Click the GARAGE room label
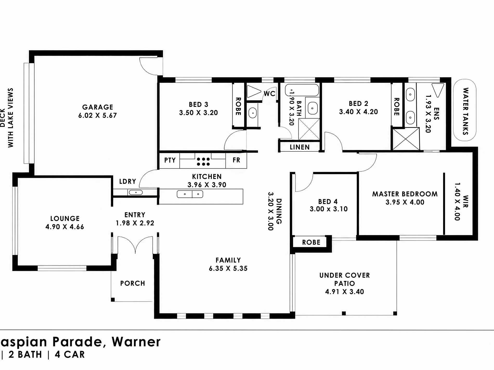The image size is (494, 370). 97,107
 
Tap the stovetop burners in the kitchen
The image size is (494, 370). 203,162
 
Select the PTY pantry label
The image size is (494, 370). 170,160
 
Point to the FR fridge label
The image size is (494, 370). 236,160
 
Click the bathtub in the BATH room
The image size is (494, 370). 302,90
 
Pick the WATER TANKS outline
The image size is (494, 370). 465,110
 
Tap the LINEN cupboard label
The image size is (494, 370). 300,147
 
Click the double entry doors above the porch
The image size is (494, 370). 135,244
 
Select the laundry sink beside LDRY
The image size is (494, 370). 135,192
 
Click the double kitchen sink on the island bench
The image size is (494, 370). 190,194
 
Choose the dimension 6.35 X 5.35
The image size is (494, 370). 228,268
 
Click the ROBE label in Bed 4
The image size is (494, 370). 311,243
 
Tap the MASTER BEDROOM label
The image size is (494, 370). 405,194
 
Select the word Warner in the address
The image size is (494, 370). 136,342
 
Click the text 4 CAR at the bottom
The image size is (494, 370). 70,355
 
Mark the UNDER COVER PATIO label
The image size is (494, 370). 344,279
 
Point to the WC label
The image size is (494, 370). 269,93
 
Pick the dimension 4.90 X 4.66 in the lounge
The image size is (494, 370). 65,227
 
